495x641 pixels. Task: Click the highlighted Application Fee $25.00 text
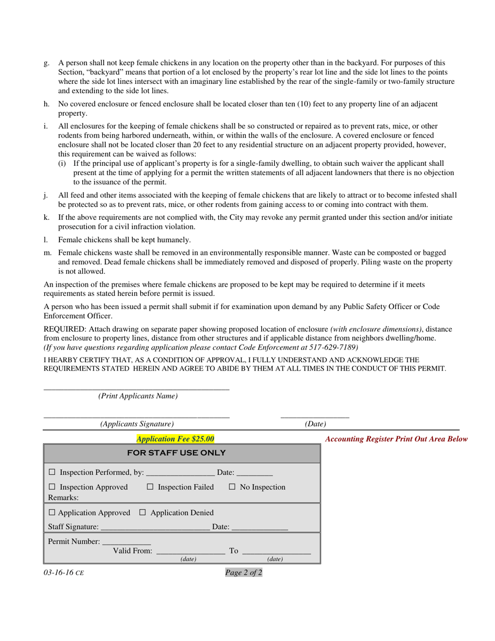tap(175, 439)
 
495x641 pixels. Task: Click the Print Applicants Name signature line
tap(136, 388)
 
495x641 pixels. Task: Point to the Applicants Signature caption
tap(137, 424)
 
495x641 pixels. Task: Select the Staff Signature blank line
tap(154, 528)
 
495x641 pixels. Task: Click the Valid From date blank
tap(190, 551)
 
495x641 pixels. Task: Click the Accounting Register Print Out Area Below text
tap(396, 439)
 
